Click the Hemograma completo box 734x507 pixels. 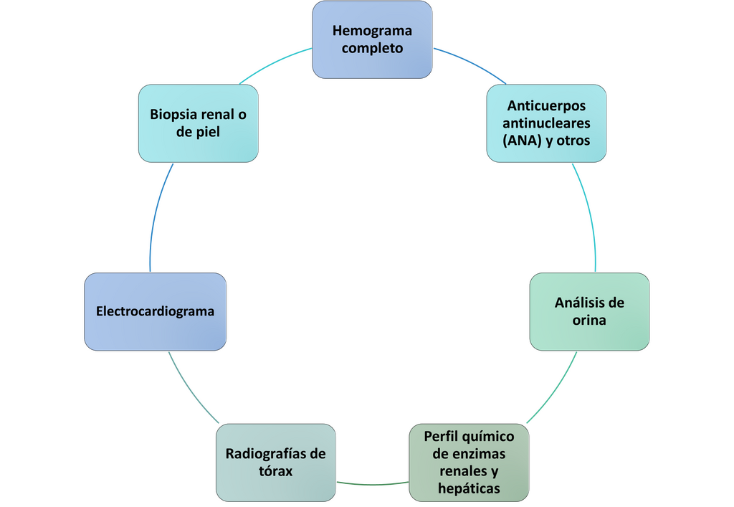pos(372,39)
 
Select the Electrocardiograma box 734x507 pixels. pos(155,311)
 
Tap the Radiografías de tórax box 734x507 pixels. pos(276,463)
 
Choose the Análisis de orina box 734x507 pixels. pos(589,311)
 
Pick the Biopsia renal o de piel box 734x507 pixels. pos(198,123)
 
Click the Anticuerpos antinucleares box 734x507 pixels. pos(546,123)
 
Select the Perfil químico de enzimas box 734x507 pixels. pos(469,463)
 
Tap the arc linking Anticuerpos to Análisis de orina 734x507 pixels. pos(588,215)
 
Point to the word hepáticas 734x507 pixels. pos(469,489)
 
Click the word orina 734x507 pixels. pos(589,321)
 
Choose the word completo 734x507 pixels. pos(372,49)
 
